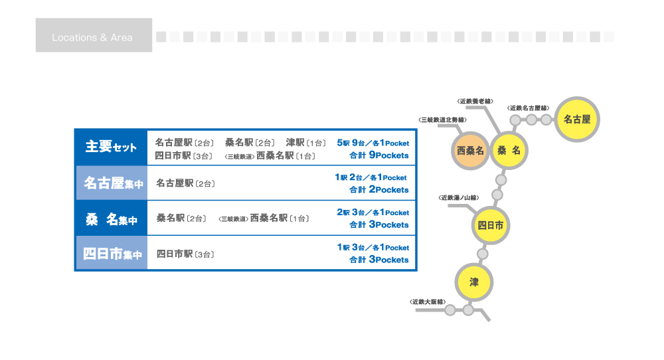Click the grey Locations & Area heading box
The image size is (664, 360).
pos(94,35)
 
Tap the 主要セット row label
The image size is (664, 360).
pos(111,147)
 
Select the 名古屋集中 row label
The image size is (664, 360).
pos(113,183)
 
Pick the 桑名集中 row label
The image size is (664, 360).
pos(112,219)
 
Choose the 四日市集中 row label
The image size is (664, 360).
pos(112,254)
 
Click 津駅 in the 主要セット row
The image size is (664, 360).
pos(295,143)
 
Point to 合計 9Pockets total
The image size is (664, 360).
pos(379,155)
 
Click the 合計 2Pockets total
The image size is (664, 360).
pos(379,189)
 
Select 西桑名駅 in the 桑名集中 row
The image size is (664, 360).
pos(269,218)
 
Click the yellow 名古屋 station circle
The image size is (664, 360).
pos(577,120)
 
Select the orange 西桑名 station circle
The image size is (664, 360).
pos(470,151)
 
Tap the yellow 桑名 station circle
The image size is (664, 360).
pos(509,150)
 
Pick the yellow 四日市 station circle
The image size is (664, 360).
pos(491,225)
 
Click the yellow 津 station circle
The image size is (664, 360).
pos(474,282)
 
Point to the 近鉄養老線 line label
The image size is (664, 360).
pos(475,101)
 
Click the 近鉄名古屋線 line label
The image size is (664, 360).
pos(528,108)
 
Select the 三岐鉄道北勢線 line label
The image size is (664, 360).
pos(442,120)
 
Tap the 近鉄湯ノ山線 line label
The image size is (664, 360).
pos(459,198)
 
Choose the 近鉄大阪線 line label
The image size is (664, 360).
pos(428,302)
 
